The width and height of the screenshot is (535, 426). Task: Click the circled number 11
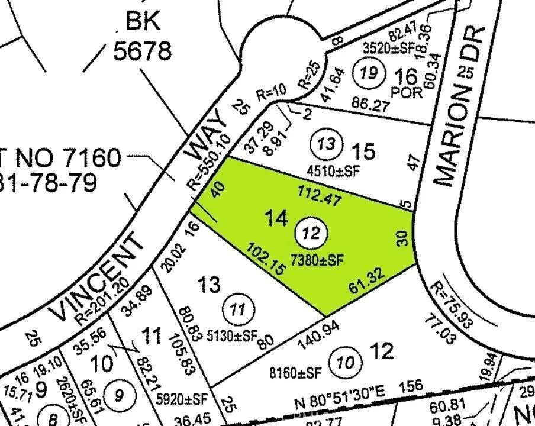click(x=237, y=309)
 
